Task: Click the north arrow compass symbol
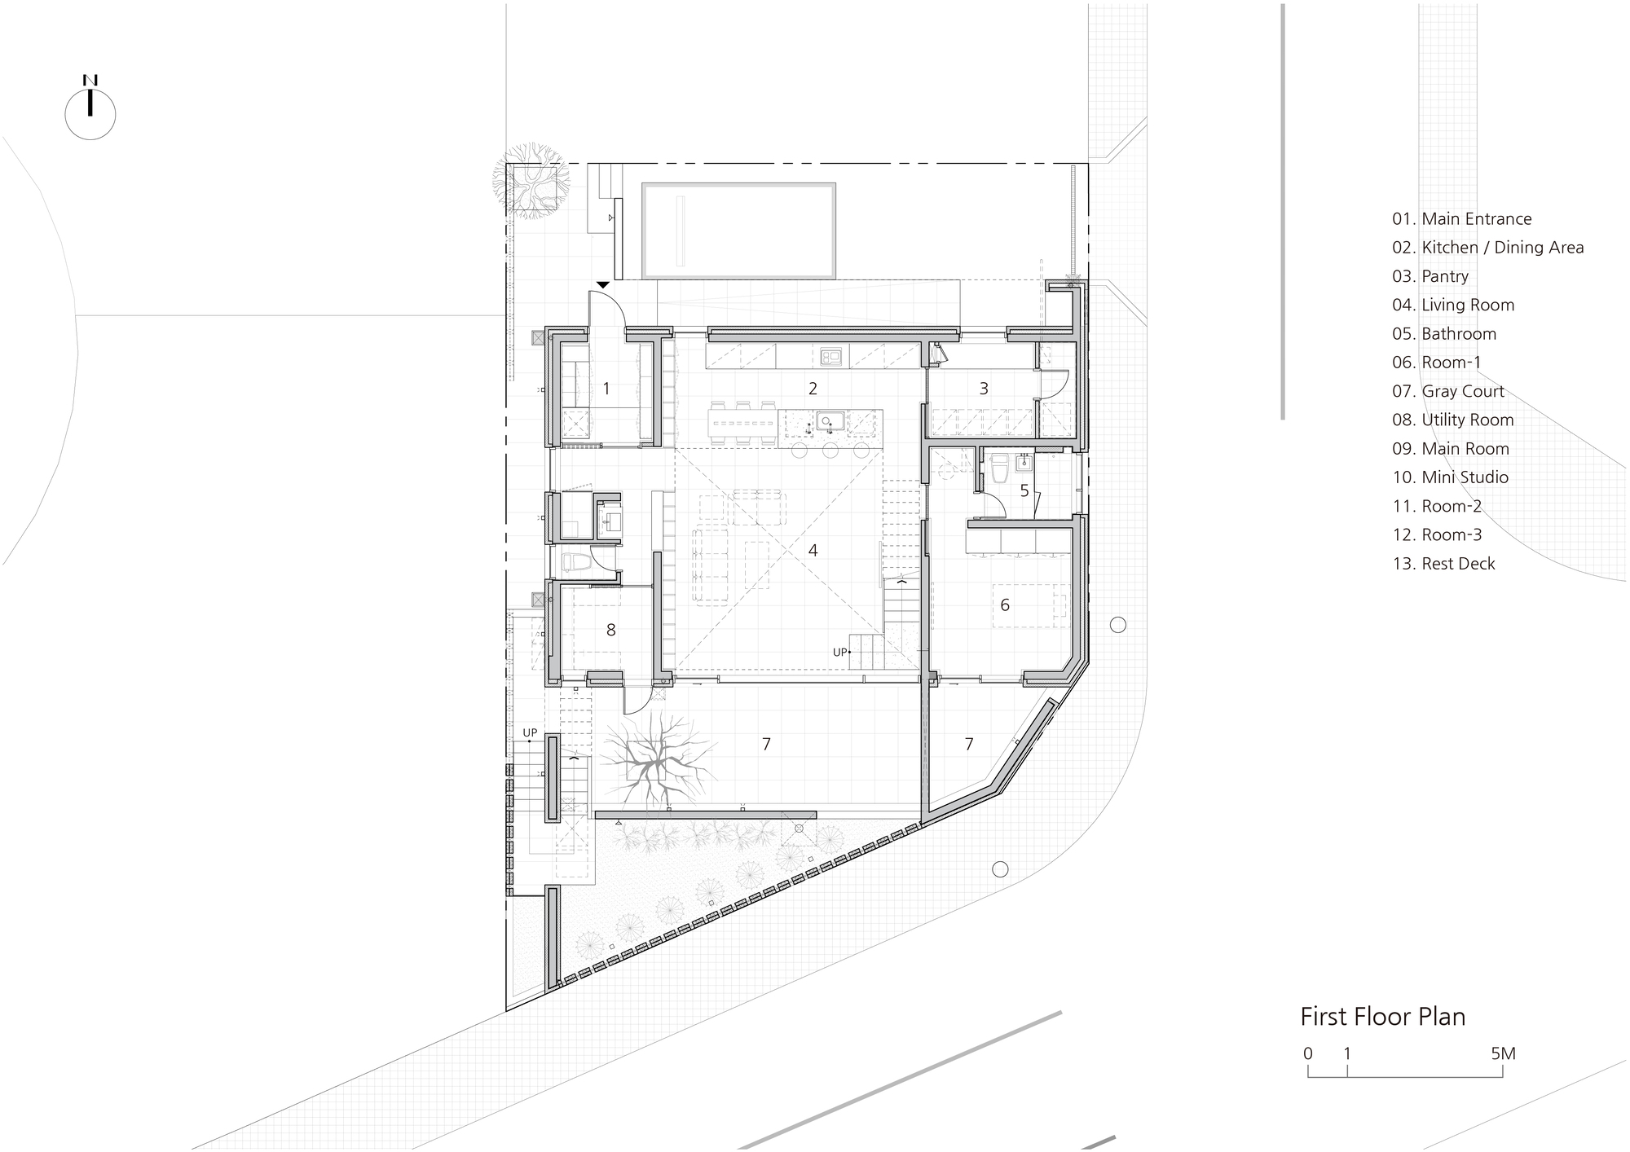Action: coord(90,112)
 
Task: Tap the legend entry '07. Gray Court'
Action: coord(1448,392)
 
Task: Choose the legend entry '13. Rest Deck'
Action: coord(1443,564)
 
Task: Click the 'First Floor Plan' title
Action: coord(1382,1017)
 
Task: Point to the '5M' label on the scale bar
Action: coord(1503,1054)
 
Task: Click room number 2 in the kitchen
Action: coord(813,389)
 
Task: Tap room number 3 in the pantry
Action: coord(984,389)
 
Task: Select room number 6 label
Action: coord(1005,605)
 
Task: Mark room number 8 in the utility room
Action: coord(611,631)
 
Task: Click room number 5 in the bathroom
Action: coord(1024,491)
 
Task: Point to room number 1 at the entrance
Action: coord(606,389)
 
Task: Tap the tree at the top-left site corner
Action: coord(530,183)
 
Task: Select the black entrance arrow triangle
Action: coord(602,284)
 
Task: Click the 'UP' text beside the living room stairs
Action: coord(839,652)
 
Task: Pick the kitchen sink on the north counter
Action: coord(830,355)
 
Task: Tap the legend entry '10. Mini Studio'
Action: coord(1450,477)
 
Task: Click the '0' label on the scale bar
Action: coord(1308,1054)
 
